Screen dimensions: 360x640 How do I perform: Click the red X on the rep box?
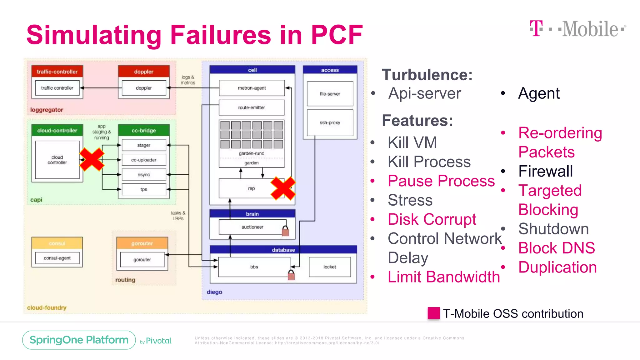click(283, 188)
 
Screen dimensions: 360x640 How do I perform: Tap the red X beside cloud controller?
click(92, 159)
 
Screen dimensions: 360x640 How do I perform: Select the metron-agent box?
click(252, 88)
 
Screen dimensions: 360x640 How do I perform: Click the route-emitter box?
click(252, 107)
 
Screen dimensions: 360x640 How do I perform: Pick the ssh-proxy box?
click(330, 123)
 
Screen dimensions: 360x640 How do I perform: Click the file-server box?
click(330, 94)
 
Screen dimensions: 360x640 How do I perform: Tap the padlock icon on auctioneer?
click(285, 231)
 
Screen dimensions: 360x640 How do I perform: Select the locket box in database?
click(330, 267)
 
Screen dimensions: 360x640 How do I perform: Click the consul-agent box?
click(57, 258)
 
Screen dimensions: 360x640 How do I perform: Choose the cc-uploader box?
click(144, 160)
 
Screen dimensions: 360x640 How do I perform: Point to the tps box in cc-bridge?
click(144, 189)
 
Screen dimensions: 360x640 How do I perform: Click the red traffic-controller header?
click(57, 72)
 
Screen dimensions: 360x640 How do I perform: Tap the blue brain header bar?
click(252, 214)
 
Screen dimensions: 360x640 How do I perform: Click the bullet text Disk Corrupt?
click(432, 219)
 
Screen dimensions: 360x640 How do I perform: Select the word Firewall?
click(545, 171)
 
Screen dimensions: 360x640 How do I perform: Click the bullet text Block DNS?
click(557, 248)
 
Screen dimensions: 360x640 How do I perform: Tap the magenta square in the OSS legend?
click(433, 313)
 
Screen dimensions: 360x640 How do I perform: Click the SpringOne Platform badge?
click(79, 340)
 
